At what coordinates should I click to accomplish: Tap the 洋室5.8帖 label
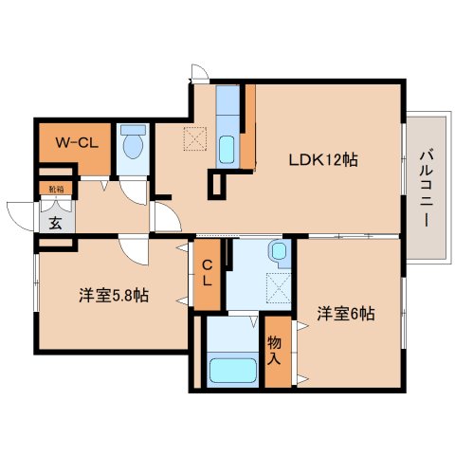click(113, 295)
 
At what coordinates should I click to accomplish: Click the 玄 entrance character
click(55, 224)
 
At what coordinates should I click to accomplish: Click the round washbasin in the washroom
click(276, 251)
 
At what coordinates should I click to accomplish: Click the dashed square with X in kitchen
click(194, 138)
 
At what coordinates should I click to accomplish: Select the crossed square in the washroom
click(280, 284)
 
